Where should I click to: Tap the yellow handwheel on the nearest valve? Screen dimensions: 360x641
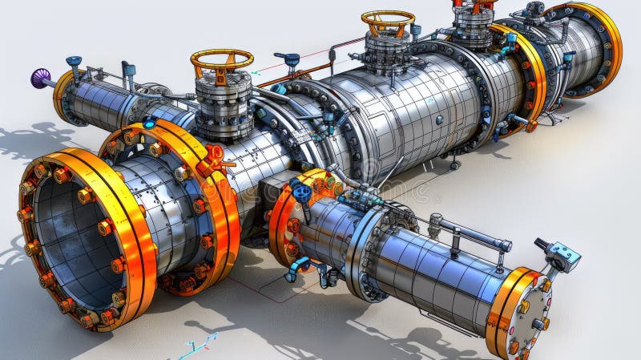pos(222,59)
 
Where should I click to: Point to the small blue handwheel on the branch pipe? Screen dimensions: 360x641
pos(301,192)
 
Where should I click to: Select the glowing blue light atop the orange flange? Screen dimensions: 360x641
pos(149,123)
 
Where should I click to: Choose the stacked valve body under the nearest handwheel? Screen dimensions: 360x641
pos(224,107)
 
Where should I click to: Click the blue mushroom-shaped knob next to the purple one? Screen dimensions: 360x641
pos(75,61)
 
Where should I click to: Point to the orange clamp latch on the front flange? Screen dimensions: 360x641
pos(214,153)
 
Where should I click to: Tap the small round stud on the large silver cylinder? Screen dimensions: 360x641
pos(438,119)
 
